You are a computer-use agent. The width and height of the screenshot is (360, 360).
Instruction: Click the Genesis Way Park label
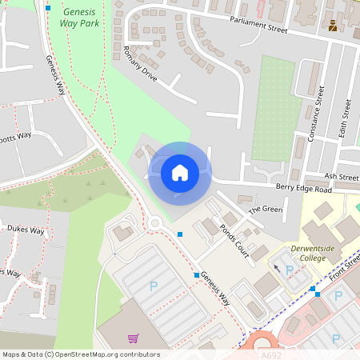tap(79, 18)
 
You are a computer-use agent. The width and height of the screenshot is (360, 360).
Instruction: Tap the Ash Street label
tap(342, 176)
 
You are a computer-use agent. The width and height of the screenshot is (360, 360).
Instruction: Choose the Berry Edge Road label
tap(303, 190)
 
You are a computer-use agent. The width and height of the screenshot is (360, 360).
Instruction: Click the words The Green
tap(266, 210)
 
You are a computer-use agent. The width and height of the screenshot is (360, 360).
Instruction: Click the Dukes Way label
tap(25, 229)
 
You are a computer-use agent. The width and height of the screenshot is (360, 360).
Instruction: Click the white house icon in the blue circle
tap(179, 172)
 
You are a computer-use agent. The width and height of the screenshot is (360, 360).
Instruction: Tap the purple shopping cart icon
tap(133, 338)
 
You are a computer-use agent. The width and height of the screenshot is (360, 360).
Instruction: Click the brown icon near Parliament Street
tap(333, 25)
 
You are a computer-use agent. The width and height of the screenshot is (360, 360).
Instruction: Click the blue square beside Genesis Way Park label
tap(48, 8)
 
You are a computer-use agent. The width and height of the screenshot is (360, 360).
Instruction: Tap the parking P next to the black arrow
tap(290, 270)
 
